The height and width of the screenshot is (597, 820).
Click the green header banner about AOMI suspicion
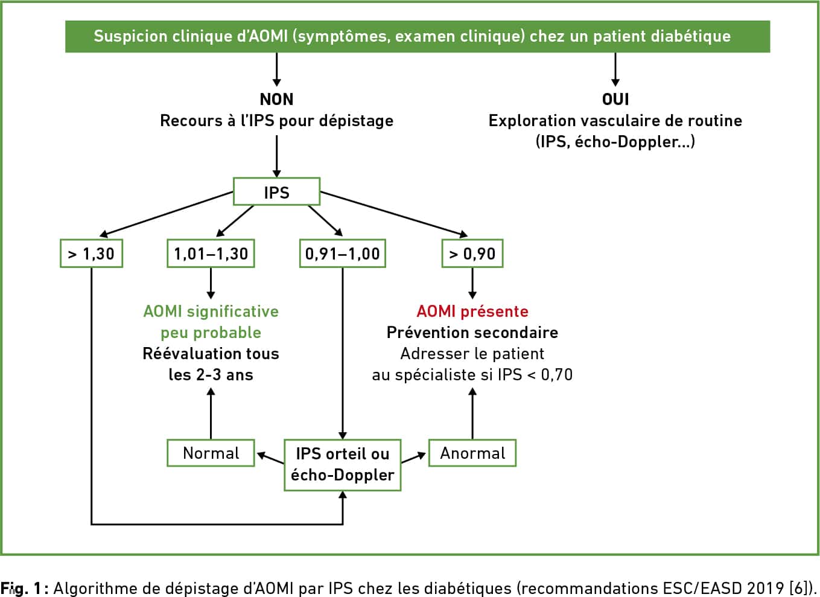click(x=418, y=37)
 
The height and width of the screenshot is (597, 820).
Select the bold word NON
click(x=277, y=99)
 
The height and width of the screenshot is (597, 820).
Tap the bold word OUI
click(x=615, y=99)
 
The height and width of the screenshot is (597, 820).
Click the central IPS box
click(x=277, y=191)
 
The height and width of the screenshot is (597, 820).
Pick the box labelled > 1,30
click(x=92, y=254)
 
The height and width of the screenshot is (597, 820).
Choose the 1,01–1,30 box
click(x=211, y=254)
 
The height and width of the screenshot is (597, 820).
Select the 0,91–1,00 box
click(x=343, y=254)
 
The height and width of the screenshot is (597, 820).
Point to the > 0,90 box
click(x=472, y=254)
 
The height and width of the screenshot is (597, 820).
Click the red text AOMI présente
click(x=472, y=311)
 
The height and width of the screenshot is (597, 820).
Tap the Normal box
click(x=211, y=453)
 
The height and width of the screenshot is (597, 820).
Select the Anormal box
click(x=472, y=453)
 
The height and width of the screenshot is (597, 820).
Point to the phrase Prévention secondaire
click(x=472, y=333)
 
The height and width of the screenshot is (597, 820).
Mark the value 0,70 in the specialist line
click(x=557, y=375)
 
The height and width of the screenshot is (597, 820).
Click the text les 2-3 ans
click(x=211, y=375)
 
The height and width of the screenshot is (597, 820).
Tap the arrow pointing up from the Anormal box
click(x=472, y=413)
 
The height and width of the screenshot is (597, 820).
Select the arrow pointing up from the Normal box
click(x=211, y=413)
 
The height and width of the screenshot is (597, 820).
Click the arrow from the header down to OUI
click(x=615, y=69)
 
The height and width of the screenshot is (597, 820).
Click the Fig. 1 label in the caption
click(x=21, y=589)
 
